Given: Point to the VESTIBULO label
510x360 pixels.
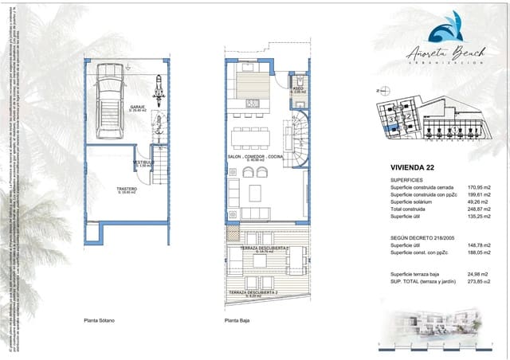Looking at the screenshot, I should tap(143, 163).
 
